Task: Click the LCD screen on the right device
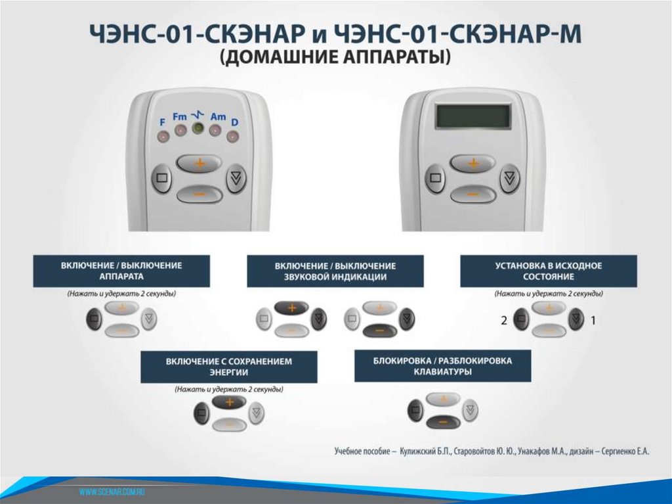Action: pyautogui.click(x=474, y=116)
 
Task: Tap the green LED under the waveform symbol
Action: pyautogui.click(x=198, y=128)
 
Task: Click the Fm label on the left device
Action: pyautogui.click(x=180, y=116)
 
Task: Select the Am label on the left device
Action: pyautogui.click(x=218, y=116)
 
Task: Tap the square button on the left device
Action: pyautogui.click(x=161, y=177)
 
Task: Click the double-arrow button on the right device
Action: pyautogui.click(x=509, y=177)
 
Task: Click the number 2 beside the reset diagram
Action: pyautogui.click(x=504, y=320)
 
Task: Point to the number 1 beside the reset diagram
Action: pyautogui.click(x=593, y=320)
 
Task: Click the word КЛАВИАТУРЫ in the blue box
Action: pyautogui.click(x=443, y=372)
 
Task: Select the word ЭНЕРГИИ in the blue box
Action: pyautogui.click(x=229, y=372)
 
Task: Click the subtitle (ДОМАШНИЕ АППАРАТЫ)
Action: pyautogui.click(x=335, y=57)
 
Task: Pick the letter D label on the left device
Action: pyautogui.click(x=234, y=122)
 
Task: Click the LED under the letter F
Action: pyautogui.click(x=163, y=137)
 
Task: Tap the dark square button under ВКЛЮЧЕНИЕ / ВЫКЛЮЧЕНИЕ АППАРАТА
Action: pyautogui.click(x=94, y=319)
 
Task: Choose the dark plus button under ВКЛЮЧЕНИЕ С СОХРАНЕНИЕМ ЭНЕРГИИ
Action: pyautogui.click(x=229, y=402)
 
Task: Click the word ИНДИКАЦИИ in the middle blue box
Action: pyautogui.click(x=359, y=277)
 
